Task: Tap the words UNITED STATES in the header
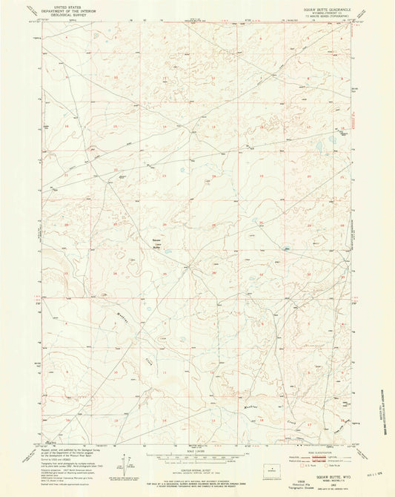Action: (x=65, y=4)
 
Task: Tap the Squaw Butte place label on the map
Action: (x=156, y=244)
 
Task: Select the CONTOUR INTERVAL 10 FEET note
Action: (x=197, y=467)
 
